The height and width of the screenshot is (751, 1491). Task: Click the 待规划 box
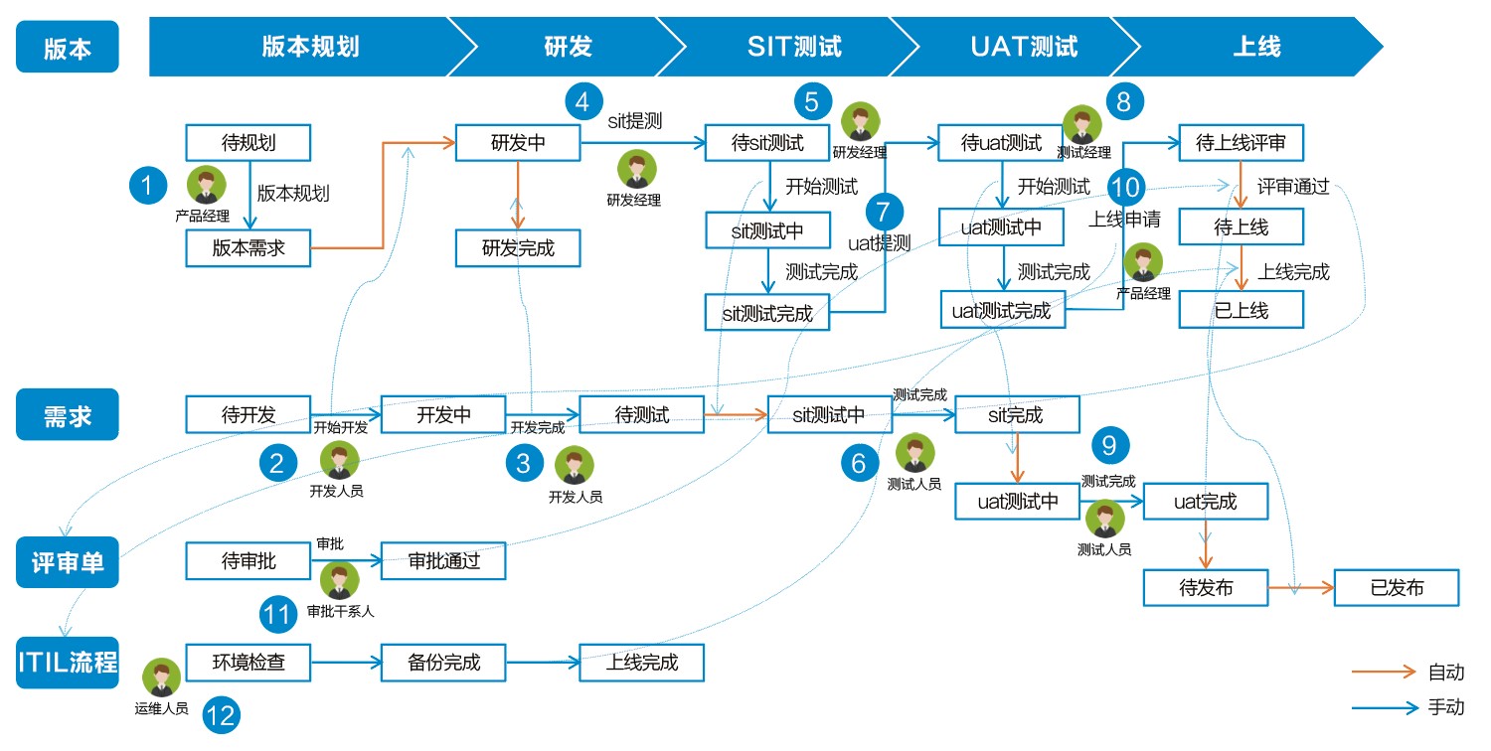pos(248,142)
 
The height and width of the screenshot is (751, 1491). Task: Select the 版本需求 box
pos(248,247)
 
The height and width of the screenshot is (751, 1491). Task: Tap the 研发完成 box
pos(517,247)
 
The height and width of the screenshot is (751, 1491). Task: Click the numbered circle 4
pos(583,101)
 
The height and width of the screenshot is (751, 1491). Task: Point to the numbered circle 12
pos(222,715)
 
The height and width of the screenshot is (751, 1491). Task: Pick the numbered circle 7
pos(884,211)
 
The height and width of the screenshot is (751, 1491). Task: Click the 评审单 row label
pos(67,563)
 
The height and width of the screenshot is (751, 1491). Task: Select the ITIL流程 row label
pos(67,663)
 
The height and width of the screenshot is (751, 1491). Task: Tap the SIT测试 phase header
pos(793,47)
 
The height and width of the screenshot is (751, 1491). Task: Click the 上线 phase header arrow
pos(1256,47)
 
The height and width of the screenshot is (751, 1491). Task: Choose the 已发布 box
pos(1396,588)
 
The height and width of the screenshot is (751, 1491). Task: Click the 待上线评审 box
pos(1241,142)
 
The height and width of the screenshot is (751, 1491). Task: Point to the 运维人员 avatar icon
pos(161,678)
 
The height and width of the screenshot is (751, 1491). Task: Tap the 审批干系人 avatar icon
pos(340,580)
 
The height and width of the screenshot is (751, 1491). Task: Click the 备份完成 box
pos(443,662)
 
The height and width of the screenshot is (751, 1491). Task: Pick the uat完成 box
pos(1205,502)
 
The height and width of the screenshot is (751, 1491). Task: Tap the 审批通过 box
pos(443,560)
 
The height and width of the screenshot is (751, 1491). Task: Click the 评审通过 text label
pos(1292,187)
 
